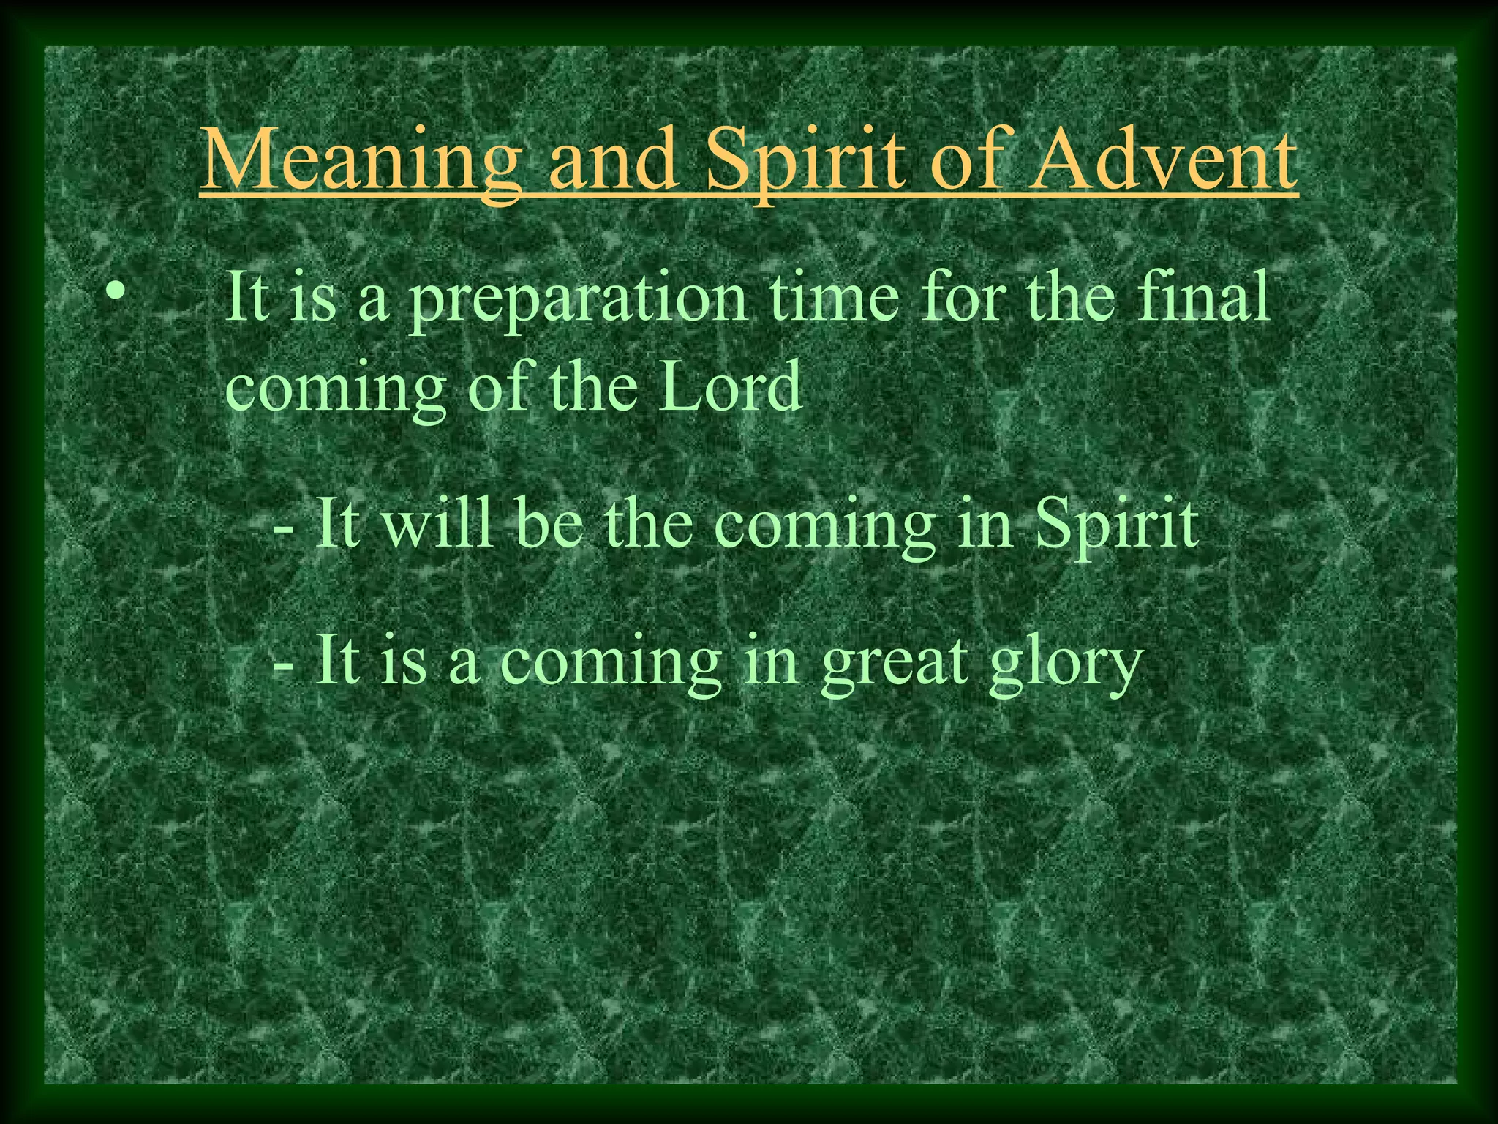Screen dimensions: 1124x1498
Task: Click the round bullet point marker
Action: [116, 290]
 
